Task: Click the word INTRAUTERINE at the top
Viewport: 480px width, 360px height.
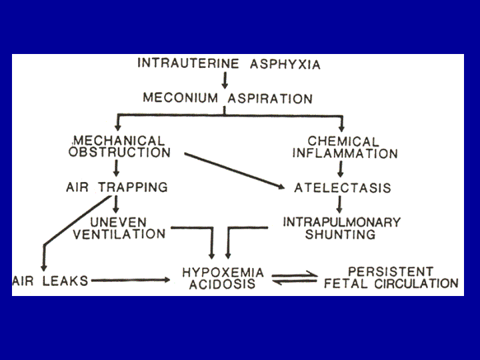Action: [188, 63]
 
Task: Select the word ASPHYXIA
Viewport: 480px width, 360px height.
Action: [285, 64]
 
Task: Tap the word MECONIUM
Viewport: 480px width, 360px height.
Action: [181, 98]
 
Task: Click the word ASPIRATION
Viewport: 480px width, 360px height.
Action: [270, 99]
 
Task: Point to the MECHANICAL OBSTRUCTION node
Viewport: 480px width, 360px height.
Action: [119, 147]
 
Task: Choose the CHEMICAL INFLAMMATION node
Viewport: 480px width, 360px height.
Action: [345, 147]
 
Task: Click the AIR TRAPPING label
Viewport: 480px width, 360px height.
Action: [117, 187]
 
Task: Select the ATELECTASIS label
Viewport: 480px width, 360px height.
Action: [343, 187]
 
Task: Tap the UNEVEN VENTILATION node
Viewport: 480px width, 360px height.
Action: [119, 228]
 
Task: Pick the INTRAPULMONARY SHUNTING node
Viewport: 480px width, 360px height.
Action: [341, 229]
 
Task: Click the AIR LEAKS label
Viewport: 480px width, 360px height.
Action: [51, 281]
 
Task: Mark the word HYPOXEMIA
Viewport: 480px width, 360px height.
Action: [223, 272]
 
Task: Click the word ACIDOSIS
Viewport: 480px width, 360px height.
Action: [222, 284]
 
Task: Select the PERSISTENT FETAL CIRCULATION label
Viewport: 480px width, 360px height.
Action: [391, 277]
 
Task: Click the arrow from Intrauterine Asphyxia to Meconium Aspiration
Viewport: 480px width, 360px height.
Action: [225, 81]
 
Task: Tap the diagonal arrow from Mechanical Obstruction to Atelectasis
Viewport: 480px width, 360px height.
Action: [235, 171]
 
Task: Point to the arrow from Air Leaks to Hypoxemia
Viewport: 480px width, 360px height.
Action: [131, 280]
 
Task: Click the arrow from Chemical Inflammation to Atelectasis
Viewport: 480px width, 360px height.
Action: [341, 169]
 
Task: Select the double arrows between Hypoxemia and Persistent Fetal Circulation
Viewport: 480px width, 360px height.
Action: [295, 278]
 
